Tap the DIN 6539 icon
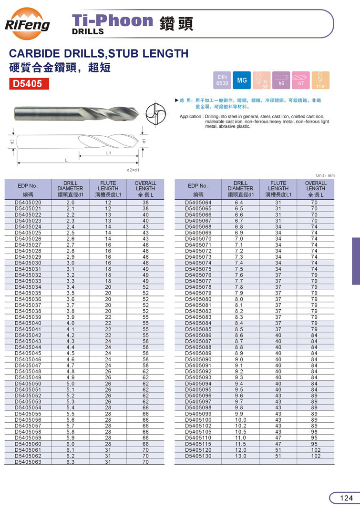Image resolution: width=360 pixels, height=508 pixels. (222, 80)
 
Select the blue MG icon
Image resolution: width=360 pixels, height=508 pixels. (242, 80)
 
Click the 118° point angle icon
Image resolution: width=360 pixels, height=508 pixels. (320, 80)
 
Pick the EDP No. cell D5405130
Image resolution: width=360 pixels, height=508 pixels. (198, 456)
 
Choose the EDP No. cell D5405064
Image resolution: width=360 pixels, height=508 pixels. (198, 203)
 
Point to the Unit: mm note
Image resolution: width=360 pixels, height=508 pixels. (326, 175)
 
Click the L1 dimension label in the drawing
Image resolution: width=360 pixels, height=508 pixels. (109, 153)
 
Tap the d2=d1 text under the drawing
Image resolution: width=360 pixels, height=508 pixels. (133, 170)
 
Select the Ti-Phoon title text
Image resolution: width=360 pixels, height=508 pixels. (112, 20)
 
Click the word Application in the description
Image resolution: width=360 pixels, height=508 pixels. (191, 117)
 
